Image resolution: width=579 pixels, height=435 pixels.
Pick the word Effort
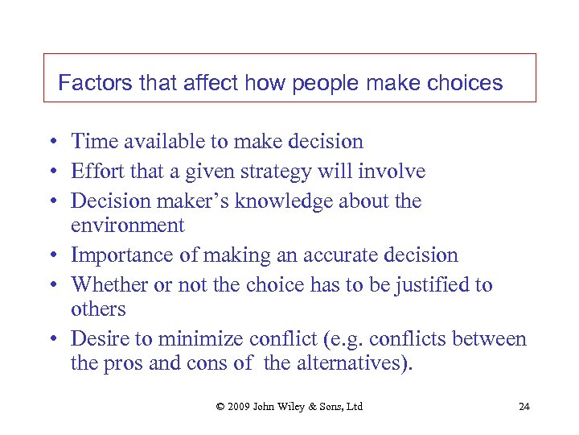(94, 171)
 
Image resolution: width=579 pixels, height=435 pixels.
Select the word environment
(128, 225)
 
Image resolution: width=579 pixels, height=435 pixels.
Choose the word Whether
(106, 284)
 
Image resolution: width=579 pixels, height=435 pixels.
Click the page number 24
(524, 406)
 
